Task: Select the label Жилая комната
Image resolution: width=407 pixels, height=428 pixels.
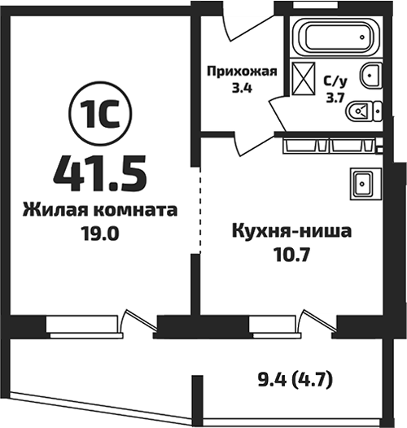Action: [x=101, y=209]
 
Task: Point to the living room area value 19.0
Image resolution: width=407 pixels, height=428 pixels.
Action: [x=101, y=230]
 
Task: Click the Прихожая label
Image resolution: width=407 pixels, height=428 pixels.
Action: [x=240, y=71]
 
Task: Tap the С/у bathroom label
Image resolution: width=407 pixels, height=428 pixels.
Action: [x=335, y=81]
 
